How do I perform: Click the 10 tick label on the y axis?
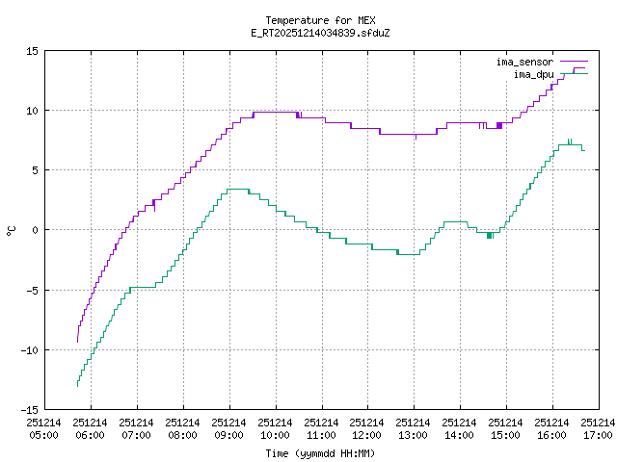click(x=32, y=110)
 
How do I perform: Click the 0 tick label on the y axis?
click(x=35, y=230)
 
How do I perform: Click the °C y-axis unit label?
click(x=12, y=230)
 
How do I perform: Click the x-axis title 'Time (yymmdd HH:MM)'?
click(x=320, y=452)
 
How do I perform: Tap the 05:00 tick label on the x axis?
click(x=43, y=428)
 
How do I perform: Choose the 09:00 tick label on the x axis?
click(x=228, y=428)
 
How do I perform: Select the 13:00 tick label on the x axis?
click(x=414, y=428)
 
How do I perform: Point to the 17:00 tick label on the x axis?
click(x=599, y=428)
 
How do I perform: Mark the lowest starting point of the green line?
click(x=77, y=386)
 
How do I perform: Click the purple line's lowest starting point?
click(x=77, y=342)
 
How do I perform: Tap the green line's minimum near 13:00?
click(x=409, y=254)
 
